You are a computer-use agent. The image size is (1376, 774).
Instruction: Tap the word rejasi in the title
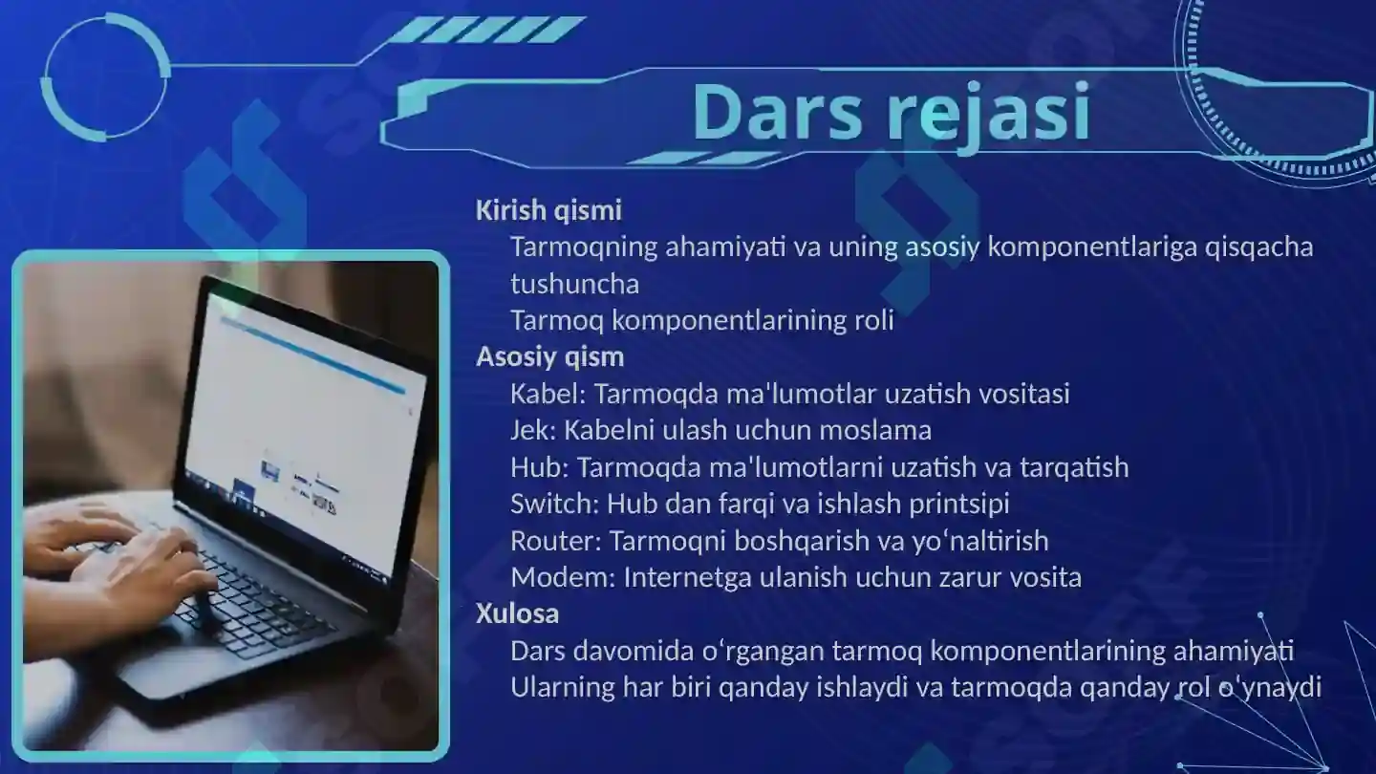[988, 113]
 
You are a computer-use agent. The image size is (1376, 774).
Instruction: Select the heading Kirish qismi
[548, 210]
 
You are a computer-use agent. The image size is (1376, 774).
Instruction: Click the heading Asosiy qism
[549, 357]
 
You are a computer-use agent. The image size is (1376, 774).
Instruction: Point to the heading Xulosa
[517, 613]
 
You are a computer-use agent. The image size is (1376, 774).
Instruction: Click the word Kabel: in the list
[548, 394]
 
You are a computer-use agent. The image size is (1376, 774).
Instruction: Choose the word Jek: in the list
[532, 430]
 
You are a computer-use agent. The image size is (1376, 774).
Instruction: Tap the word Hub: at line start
[540, 467]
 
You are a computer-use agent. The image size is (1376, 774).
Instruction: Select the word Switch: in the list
[554, 504]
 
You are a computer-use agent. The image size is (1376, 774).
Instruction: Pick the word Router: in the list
[555, 541]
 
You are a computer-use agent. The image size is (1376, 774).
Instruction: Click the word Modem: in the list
[563, 577]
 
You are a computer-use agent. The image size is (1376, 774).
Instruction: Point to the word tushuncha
[574, 284]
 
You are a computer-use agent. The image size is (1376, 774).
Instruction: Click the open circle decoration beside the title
[105, 76]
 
